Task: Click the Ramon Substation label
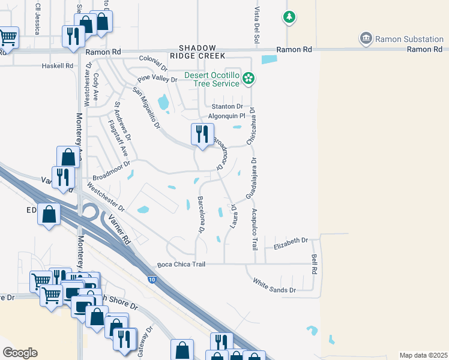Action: tap(409, 40)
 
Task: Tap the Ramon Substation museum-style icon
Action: tap(366, 40)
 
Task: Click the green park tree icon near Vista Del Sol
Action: tap(289, 17)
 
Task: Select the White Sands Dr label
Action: tap(274, 286)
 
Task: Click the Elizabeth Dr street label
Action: tap(291, 243)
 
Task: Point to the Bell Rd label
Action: tap(314, 263)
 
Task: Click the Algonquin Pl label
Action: tap(227, 116)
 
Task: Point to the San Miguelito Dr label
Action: tap(146, 108)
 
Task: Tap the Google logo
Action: tap(19, 353)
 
